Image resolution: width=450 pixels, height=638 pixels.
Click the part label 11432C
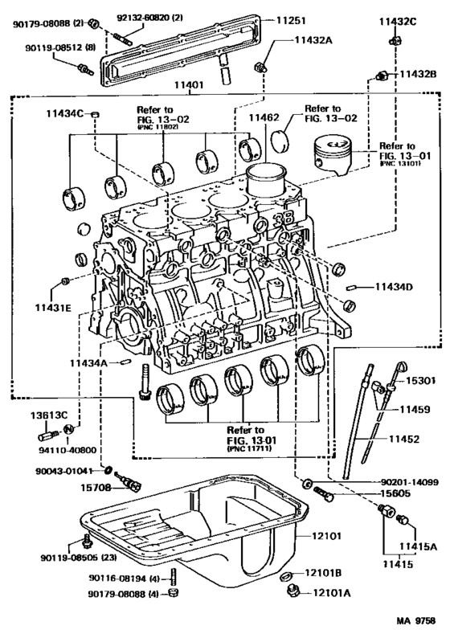point(398,22)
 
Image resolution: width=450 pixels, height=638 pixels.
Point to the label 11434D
point(392,287)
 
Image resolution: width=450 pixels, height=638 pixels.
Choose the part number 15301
point(417,380)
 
